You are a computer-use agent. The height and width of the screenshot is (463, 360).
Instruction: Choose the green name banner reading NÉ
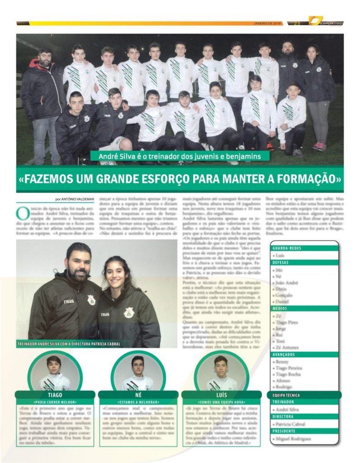coord(137,395)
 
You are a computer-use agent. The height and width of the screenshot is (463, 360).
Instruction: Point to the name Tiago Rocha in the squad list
coord(289,374)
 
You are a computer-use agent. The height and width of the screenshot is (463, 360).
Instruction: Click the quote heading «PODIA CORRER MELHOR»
coord(55,402)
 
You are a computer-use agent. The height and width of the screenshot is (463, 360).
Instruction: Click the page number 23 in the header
coord(297,23)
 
